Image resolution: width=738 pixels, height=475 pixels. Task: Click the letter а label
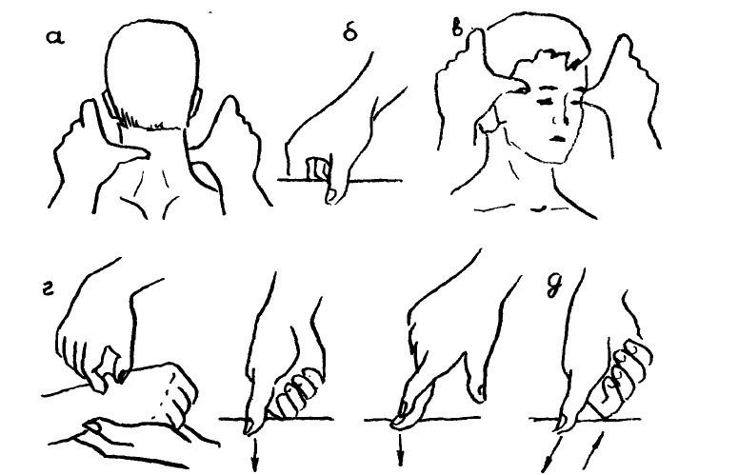(55, 37)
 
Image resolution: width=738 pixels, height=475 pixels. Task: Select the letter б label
(350, 32)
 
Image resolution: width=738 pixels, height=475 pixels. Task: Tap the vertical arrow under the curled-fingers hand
(254, 453)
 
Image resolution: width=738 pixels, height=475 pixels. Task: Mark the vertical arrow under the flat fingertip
(400, 449)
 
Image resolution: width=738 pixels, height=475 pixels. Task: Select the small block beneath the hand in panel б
(315, 169)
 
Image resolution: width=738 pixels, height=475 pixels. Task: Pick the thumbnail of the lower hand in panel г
(91, 426)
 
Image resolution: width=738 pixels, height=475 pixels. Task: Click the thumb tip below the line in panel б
(331, 194)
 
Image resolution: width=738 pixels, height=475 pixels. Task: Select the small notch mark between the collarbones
(539, 208)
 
